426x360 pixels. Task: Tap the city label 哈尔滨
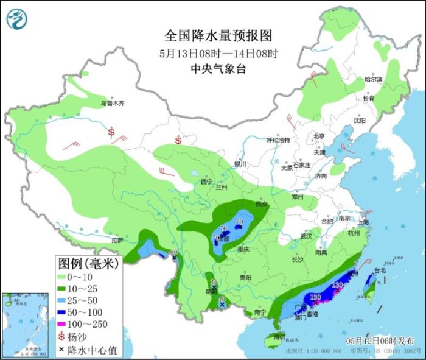tap(373, 80)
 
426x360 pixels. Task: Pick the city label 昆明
tap(211, 291)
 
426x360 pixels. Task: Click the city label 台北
tap(380, 270)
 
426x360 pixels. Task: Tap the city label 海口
tap(279, 337)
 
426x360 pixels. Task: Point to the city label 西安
tap(262, 205)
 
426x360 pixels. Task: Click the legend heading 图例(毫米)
tap(89, 263)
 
